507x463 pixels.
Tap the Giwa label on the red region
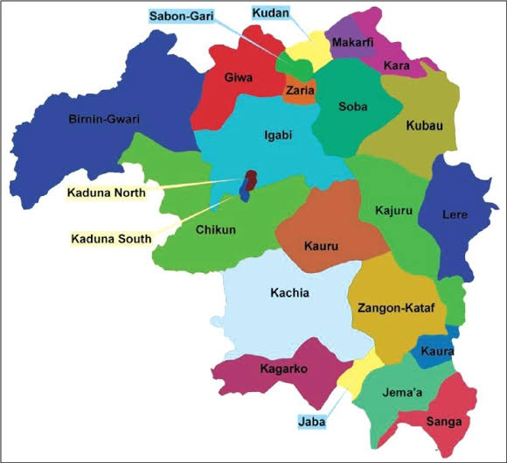point(238,78)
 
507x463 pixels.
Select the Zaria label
point(300,90)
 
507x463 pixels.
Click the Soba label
point(352,107)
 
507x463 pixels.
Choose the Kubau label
point(424,126)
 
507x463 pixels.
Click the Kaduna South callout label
point(110,238)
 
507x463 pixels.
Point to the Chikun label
point(215,229)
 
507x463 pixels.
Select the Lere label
point(455,214)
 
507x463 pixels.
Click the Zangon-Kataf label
point(392,307)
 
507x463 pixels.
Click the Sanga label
point(443,421)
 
